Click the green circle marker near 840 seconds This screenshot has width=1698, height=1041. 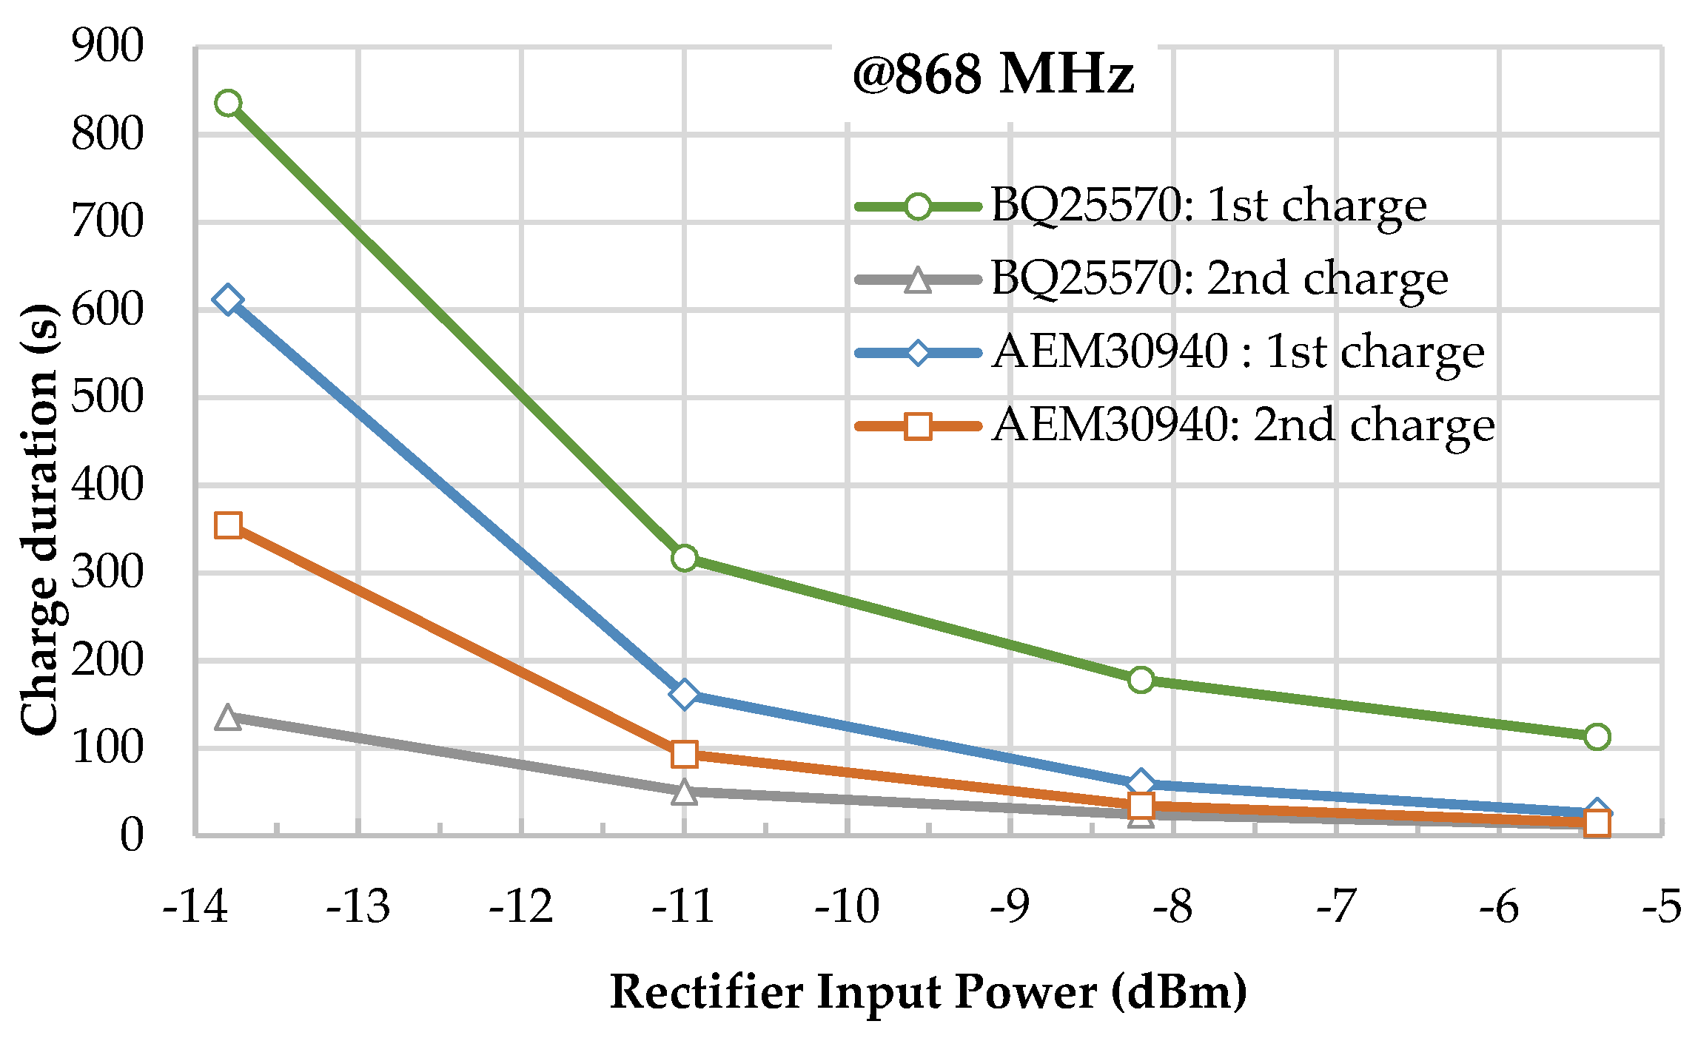228,103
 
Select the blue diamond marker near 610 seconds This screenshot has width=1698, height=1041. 228,300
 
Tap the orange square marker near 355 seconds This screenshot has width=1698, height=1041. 228,525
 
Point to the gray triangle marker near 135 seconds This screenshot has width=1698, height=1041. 228,718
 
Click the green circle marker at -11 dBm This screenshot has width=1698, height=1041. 685,558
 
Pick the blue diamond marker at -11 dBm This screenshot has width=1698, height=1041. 685,694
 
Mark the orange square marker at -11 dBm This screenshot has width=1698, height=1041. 685,754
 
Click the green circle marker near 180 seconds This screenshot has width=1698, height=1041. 1141,679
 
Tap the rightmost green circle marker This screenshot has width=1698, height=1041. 1597,737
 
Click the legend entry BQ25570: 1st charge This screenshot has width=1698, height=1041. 1208,206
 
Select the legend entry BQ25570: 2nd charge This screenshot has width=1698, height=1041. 1218,279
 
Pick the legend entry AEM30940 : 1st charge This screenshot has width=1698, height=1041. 1238,351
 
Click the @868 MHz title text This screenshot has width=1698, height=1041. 993,75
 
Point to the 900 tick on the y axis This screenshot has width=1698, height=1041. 107,46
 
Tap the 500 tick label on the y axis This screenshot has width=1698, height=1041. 107,397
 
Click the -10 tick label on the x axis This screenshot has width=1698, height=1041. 847,907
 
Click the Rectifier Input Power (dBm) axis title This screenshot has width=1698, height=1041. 928,991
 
